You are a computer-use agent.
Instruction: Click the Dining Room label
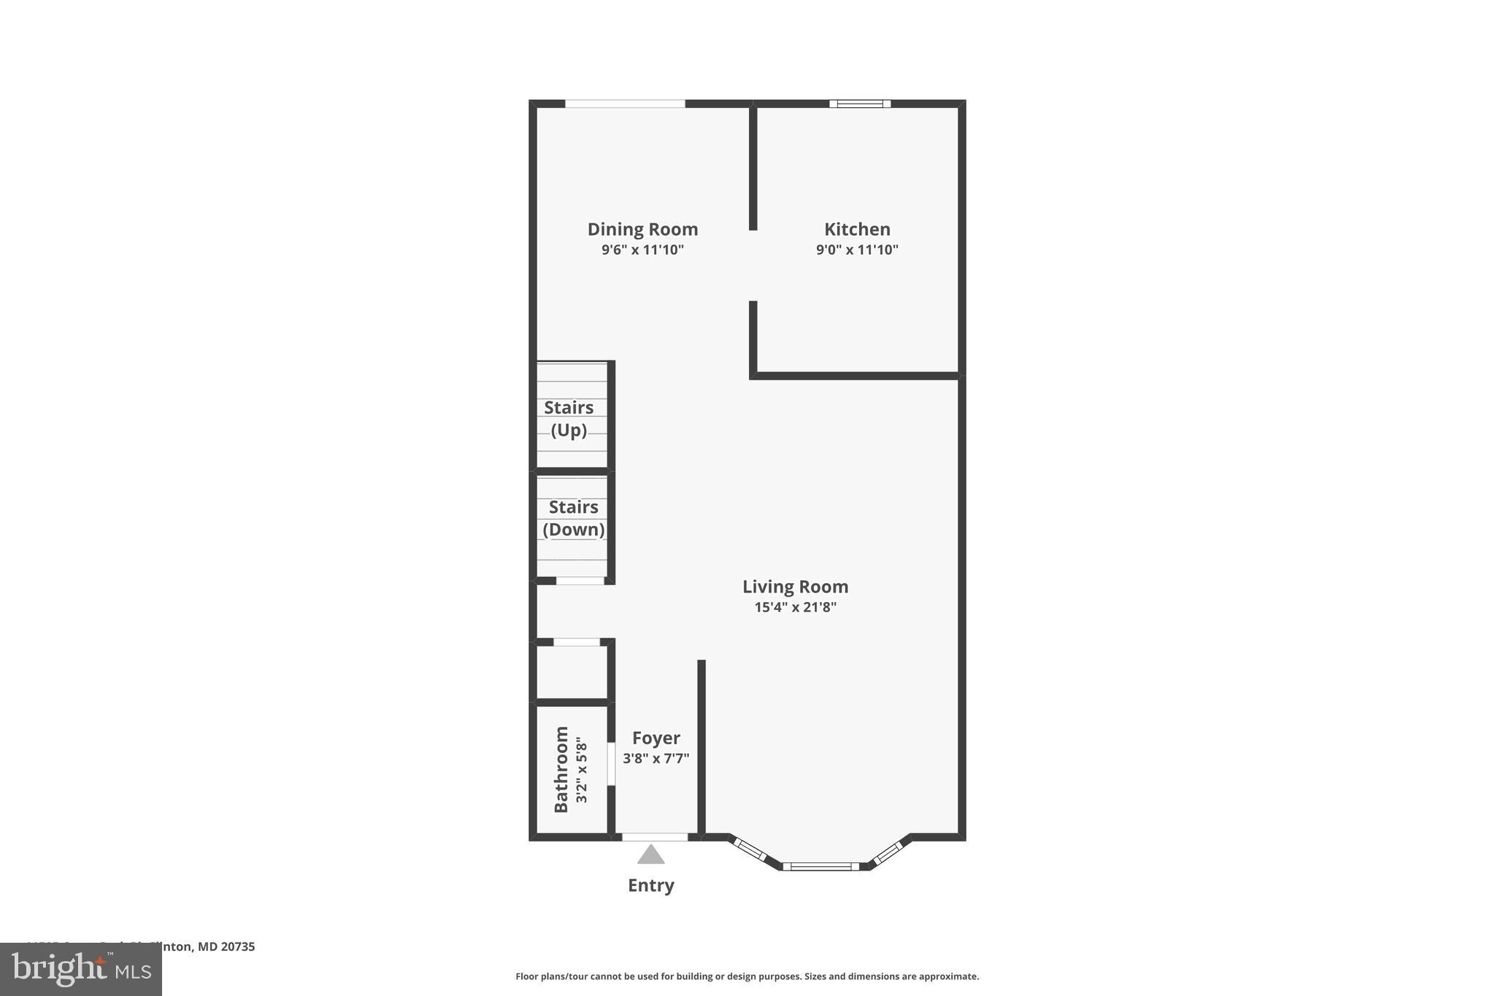pyautogui.click(x=642, y=229)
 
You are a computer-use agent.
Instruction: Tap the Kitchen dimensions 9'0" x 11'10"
pyautogui.click(x=857, y=250)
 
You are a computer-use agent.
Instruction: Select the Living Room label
pyautogui.click(x=795, y=587)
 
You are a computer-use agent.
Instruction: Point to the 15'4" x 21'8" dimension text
pyautogui.click(x=795, y=607)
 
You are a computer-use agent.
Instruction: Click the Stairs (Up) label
pyautogui.click(x=569, y=418)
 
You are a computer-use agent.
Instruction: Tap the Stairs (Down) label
pyautogui.click(x=573, y=518)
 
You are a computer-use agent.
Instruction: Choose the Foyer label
pyautogui.click(x=656, y=738)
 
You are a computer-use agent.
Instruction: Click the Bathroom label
pyautogui.click(x=561, y=769)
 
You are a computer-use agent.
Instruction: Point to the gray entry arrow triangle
pyautogui.click(x=650, y=855)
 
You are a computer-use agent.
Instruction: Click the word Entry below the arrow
pyautogui.click(x=650, y=885)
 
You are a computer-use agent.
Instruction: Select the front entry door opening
pyautogui.click(x=655, y=837)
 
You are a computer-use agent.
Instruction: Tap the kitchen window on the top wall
pyautogui.click(x=859, y=104)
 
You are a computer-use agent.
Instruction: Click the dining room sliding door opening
pyautogui.click(x=625, y=104)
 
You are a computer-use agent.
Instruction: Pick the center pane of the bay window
pyautogui.click(x=820, y=866)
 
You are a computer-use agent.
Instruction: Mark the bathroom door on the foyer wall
pyautogui.click(x=611, y=764)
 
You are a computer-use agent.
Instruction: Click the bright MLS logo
pyautogui.click(x=81, y=969)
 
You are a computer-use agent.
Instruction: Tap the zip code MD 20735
pyautogui.click(x=226, y=946)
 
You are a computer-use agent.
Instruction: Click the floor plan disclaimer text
pyautogui.click(x=747, y=976)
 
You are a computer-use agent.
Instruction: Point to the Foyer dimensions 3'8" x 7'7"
pyautogui.click(x=656, y=759)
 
